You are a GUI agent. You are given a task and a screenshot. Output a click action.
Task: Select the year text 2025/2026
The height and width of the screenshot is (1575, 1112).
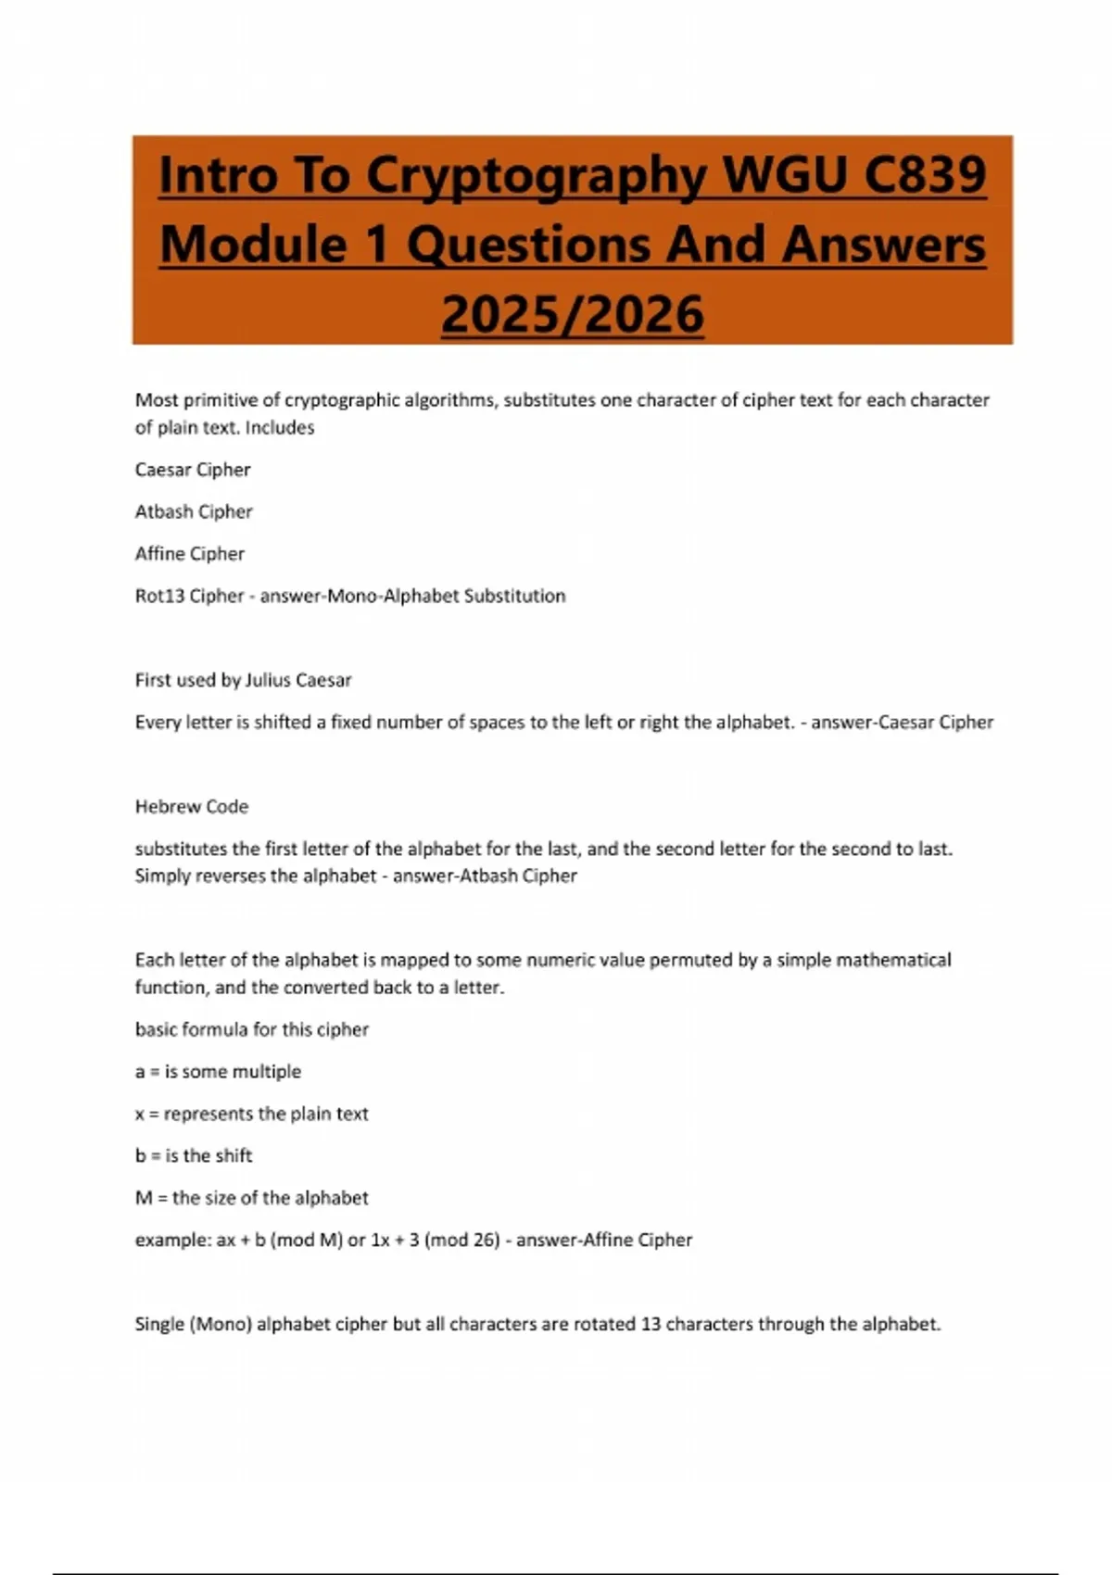572,315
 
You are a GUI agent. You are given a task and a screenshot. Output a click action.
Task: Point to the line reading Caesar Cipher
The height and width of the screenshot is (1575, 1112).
193,470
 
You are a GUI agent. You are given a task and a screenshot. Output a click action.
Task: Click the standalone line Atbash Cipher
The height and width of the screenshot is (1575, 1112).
194,511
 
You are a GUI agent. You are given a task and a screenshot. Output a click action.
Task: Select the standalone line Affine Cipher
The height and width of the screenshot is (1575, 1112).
190,554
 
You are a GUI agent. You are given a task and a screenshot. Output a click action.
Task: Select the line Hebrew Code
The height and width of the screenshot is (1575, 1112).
192,807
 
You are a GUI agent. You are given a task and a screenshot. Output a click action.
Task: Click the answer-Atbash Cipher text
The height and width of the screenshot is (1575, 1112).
485,876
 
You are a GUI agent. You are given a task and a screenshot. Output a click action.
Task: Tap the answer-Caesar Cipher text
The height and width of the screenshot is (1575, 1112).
902,723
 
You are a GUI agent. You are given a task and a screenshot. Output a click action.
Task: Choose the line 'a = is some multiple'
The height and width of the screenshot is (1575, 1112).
218,1072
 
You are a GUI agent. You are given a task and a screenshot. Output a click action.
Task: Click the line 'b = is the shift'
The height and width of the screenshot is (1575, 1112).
194,1156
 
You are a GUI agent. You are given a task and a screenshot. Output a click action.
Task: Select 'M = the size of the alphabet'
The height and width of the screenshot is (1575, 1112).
251,1198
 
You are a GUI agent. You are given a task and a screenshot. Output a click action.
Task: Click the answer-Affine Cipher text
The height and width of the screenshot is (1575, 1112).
604,1241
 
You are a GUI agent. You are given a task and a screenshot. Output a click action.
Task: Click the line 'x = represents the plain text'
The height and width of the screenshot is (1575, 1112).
251,1114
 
